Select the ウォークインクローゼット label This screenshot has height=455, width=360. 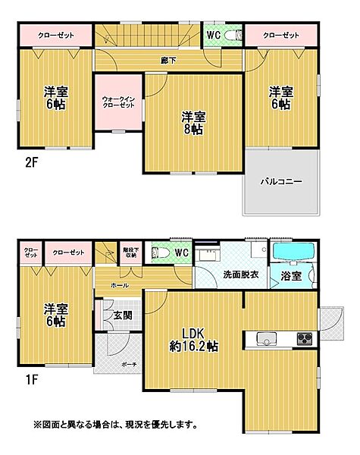(117, 102)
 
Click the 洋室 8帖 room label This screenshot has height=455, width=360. (192, 122)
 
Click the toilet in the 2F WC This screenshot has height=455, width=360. (233, 35)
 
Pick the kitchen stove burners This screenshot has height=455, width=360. (305, 337)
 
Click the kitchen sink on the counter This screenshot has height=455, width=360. (265, 337)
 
